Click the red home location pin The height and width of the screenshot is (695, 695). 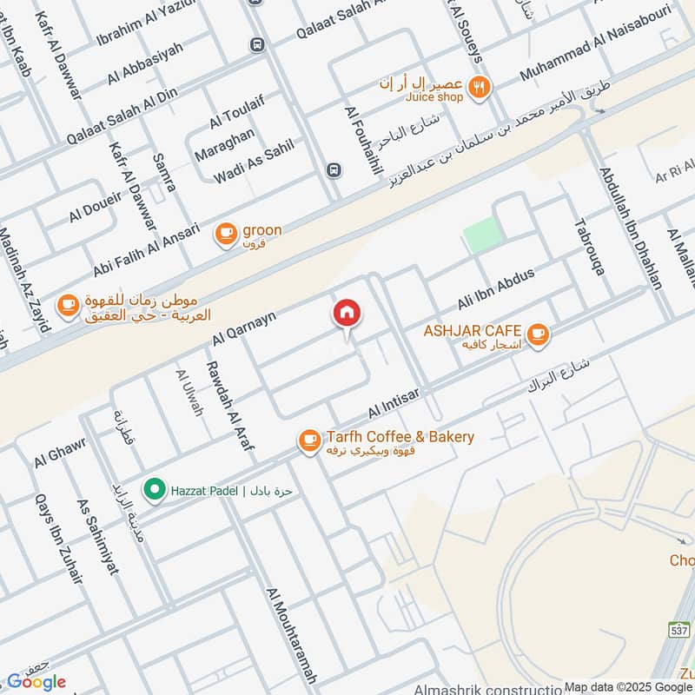click(347, 314)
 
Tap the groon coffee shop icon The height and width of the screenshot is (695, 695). click(226, 234)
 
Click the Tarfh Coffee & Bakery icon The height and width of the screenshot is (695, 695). click(308, 441)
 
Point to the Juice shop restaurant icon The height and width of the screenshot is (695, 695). click(478, 87)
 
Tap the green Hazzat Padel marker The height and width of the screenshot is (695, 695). click(155, 491)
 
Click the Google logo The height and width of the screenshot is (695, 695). click(36, 682)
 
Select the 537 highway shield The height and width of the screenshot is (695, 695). click(679, 628)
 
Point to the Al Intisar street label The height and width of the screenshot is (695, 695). click(394, 401)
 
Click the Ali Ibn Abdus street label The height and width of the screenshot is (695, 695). click(496, 289)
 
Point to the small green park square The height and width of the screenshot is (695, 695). click(483, 235)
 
